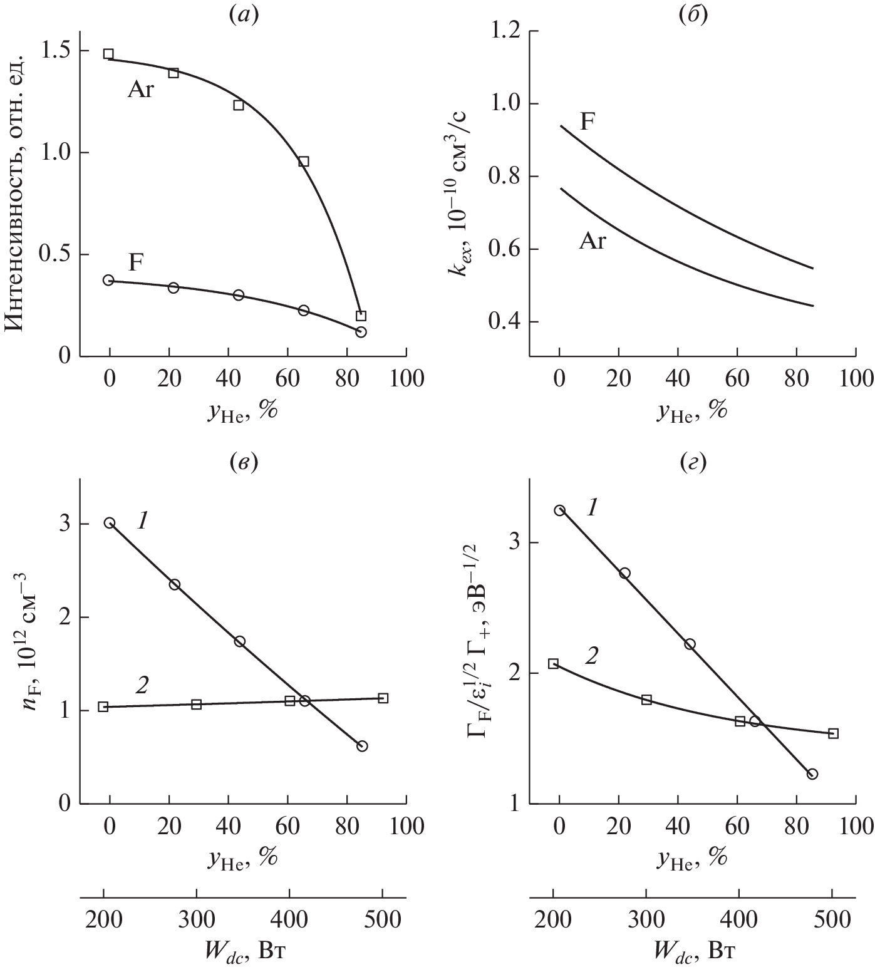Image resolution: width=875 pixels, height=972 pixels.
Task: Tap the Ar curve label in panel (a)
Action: coord(141,91)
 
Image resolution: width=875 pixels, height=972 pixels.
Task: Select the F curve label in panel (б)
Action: coord(587,121)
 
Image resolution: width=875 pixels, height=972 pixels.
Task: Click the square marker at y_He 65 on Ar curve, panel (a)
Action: coord(304,162)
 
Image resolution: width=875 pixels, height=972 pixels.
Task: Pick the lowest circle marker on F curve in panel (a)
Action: coord(361,332)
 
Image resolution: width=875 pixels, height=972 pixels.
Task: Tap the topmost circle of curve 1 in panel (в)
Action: coord(110,523)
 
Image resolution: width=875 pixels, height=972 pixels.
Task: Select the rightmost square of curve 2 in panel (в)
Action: coord(383,698)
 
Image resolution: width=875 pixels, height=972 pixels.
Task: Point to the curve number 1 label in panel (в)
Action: coord(142,521)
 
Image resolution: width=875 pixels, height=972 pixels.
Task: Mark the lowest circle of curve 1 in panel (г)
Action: coord(812,774)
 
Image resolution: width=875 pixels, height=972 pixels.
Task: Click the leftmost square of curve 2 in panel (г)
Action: coord(553,664)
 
